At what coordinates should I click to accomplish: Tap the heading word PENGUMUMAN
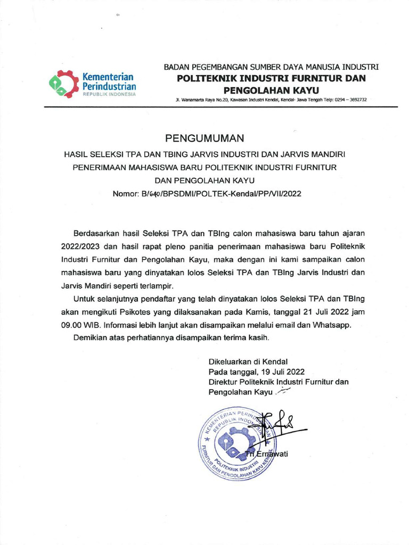[204, 139]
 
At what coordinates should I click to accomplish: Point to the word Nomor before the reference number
[126, 194]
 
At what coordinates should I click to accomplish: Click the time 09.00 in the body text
[72, 325]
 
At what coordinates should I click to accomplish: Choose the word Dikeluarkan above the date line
[232, 361]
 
